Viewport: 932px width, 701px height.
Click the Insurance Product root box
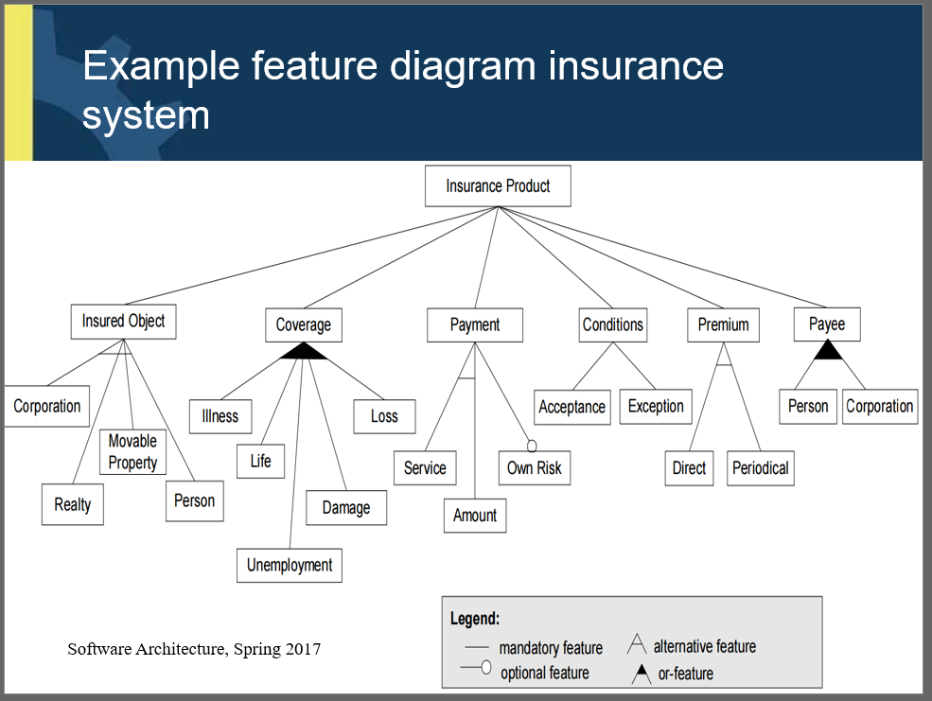498,186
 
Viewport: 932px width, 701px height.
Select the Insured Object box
123,322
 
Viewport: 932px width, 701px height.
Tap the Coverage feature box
303,325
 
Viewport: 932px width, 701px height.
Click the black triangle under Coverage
303,351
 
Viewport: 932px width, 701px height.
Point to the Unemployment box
290,566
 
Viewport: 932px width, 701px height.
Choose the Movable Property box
132,452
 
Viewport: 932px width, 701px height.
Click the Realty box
72,504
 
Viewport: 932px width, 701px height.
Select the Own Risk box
535,468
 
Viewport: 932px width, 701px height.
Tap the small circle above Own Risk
532,446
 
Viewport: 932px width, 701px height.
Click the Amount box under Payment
475,516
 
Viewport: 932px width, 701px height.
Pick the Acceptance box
572,408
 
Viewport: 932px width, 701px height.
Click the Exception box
656,407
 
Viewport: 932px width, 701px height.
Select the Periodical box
761,468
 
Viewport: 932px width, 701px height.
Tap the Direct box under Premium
689,468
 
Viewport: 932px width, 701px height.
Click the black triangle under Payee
828,351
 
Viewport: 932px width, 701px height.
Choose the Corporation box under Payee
879,407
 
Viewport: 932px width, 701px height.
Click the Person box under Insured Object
194,501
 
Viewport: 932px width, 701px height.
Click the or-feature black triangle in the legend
642,674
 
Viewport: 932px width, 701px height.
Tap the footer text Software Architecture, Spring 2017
194,649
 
